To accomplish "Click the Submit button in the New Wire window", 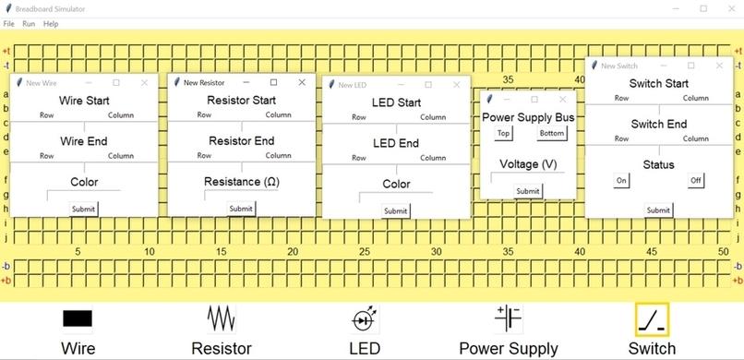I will click(84, 209).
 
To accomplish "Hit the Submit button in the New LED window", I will click(395, 210).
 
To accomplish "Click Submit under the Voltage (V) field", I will click(528, 191).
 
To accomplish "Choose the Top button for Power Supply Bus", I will click(503, 133).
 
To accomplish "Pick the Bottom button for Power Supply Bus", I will click(552, 133).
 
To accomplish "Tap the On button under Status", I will click(622, 180).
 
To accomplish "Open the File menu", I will click(9, 23).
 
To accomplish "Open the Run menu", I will click(30, 23).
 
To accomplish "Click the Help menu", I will click(51, 23).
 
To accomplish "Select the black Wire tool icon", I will click(78, 318).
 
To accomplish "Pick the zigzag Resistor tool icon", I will click(222, 318).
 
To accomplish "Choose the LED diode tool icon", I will click(365, 319).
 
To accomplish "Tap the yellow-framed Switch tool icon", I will click(652, 319).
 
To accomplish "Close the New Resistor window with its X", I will click(302, 82).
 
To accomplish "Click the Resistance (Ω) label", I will click(242, 182).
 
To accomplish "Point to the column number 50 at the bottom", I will click(723, 252).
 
